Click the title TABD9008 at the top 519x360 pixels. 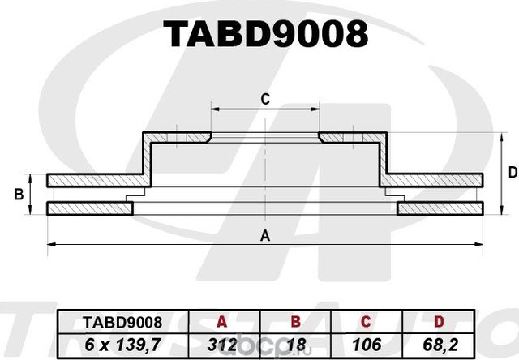coord(265,34)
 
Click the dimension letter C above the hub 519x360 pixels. coord(264,100)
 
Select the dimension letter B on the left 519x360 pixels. coord(19,195)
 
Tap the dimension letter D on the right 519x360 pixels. coord(512,172)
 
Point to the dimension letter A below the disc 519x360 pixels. coord(264,236)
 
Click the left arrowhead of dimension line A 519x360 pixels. coord(50,243)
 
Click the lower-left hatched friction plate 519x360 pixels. coord(89,208)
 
